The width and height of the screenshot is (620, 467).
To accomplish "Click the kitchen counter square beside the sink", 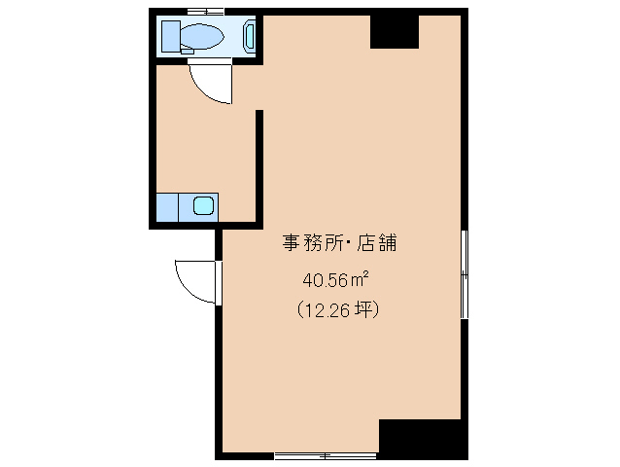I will (x=168, y=206).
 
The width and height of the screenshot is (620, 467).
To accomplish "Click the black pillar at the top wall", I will (x=394, y=32).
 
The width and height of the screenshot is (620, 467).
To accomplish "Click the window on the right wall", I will (x=465, y=275).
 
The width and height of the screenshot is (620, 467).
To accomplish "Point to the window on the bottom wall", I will (x=325, y=453).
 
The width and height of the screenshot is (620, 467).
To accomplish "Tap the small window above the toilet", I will (x=205, y=12).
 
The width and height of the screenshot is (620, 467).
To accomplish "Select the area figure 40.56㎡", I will (x=334, y=280).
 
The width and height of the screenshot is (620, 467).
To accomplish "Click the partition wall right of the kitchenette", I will (x=259, y=165).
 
